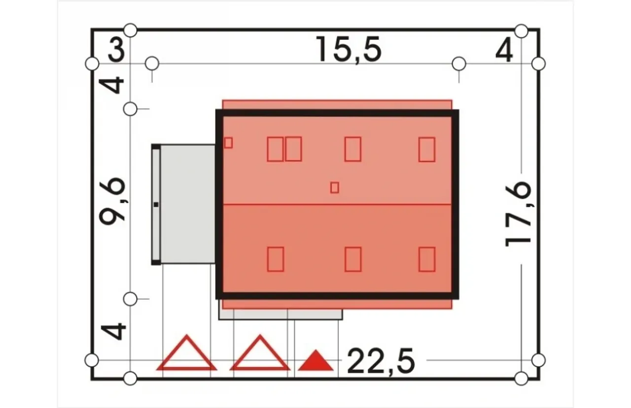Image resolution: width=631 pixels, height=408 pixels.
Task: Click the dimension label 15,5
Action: click(349, 50)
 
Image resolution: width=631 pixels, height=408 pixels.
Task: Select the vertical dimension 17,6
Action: click(518, 214)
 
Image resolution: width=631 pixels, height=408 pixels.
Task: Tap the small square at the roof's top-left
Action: click(228, 143)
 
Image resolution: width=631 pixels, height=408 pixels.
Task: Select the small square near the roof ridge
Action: click(335, 188)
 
